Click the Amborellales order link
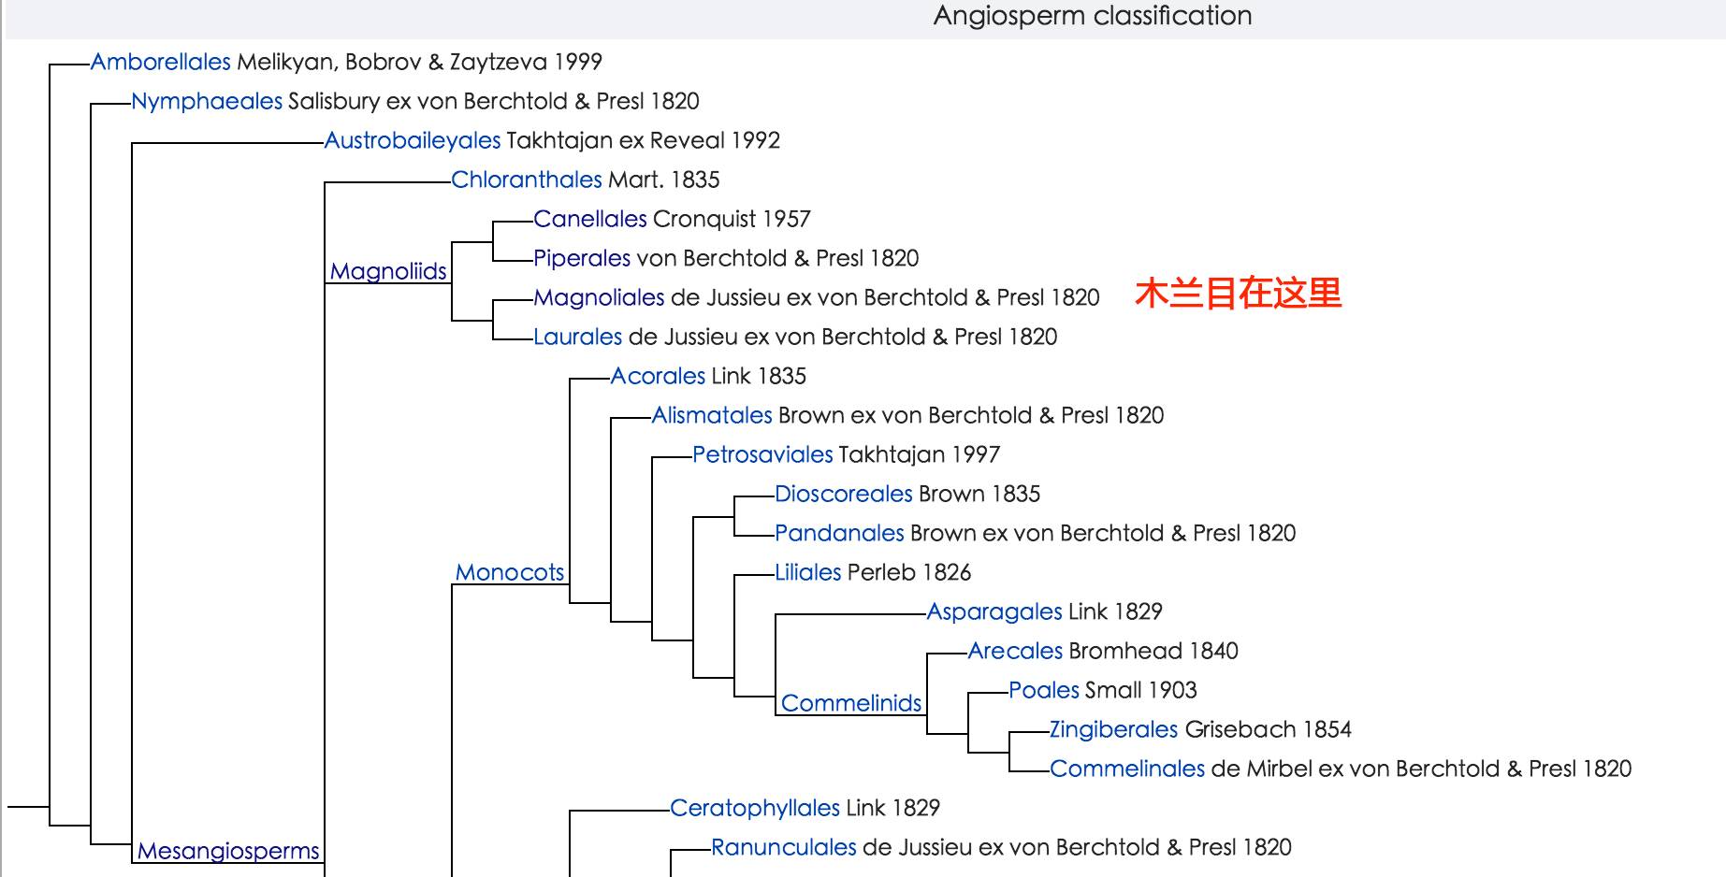pos(160,62)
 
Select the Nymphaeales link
pos(207,101)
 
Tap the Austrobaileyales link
pos(413,140)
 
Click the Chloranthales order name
pos(526,180)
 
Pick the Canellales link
pos(589,219)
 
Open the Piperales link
pos(582,258)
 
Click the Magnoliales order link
pos(599,297)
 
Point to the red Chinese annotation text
pos(1238,294)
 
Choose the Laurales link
pos(577,337)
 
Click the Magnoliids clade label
pos(388,271)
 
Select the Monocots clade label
pos(510,572)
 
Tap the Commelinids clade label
pos(851,703)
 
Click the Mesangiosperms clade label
pos(228,851)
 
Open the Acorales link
pos(658,376)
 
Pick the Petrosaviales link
pos(762,454)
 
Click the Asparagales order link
pos(994,611)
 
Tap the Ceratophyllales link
pos(755,808)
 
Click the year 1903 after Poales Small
pos(1172,690)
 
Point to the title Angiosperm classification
pos(1092,16)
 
